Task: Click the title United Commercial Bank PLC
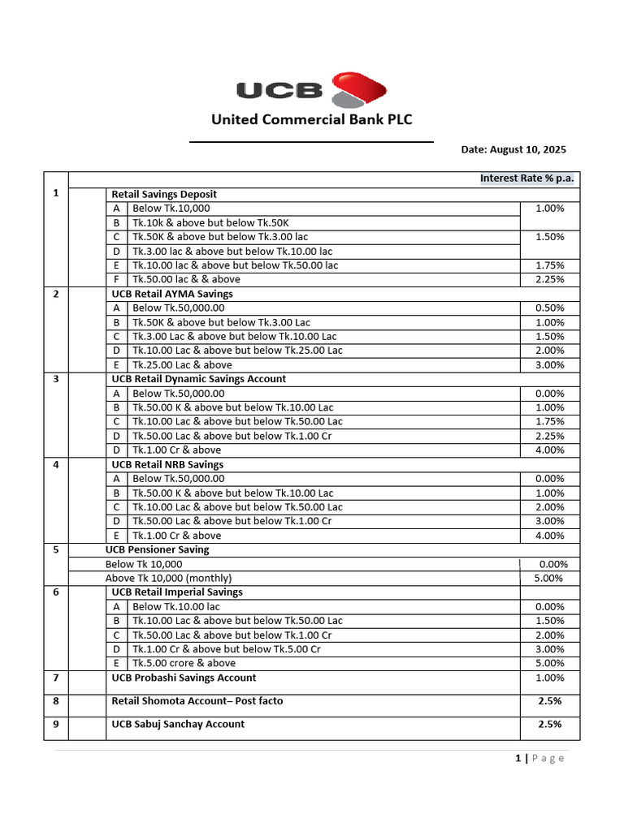(312, 120)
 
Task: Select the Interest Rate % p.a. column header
(527, 179)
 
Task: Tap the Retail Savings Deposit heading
(164, 194)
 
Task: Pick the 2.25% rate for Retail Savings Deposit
(550, 279)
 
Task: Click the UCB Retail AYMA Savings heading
(171, 294)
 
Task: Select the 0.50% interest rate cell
(550, 308)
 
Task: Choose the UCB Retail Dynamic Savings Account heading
(198, 379)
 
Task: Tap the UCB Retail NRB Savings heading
(167, 464)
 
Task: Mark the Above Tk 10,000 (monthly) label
(168, 578)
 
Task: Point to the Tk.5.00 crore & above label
(184, 663)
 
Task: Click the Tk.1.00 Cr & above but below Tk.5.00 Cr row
(226, 649)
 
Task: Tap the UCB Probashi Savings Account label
(184, 678)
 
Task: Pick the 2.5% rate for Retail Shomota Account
(550, 700)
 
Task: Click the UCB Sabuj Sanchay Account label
(178, 724)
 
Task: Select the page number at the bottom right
(518, 758)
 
